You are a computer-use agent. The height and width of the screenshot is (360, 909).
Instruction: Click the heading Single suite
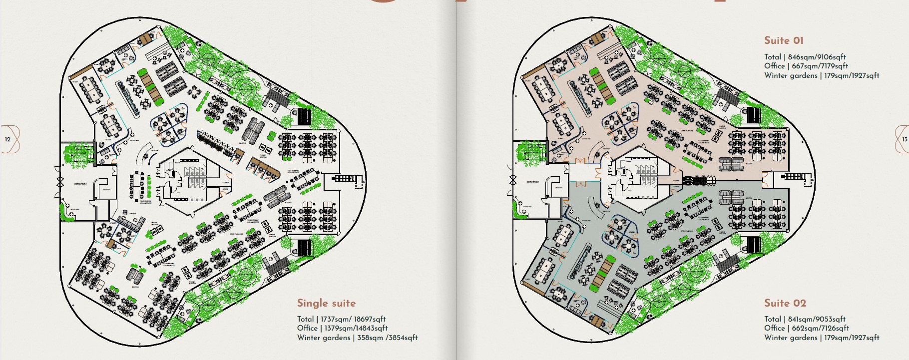pyautogui.click(x=326, y=303)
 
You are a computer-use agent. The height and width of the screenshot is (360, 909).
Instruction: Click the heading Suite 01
pyautogui.click(x=784, y=41)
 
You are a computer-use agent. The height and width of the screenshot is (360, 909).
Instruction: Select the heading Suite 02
pyautogui.click(x=785, y=303)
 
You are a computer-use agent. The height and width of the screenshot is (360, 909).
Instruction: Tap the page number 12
pyautogui.click(x=7, y=139)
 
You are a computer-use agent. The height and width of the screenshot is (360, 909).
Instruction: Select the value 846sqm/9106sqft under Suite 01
pyautogui.click(x=817, y=57)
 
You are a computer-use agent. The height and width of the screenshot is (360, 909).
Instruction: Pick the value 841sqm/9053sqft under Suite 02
pyautogui.click(x=817, y=319)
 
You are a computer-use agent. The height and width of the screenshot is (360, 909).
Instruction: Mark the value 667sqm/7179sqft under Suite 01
pyautogui.click(x=820, y=66)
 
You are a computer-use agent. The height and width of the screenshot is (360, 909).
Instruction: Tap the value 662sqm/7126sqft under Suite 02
pyautogui.click(x=820, y=328)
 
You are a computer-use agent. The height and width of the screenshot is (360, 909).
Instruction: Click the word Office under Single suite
pyautogui.click(x=307, y=328)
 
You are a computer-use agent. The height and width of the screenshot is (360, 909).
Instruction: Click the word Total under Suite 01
pyautogui.click(x=773, y=57)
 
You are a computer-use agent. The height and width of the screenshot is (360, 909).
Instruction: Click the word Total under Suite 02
pyautogui.click(x=773, y=319)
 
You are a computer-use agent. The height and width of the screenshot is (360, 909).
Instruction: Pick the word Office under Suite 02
pyautogui.click(x=774, y=328)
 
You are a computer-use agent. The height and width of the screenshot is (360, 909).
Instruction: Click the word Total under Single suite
pyautogui.click(x=305, y=319)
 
